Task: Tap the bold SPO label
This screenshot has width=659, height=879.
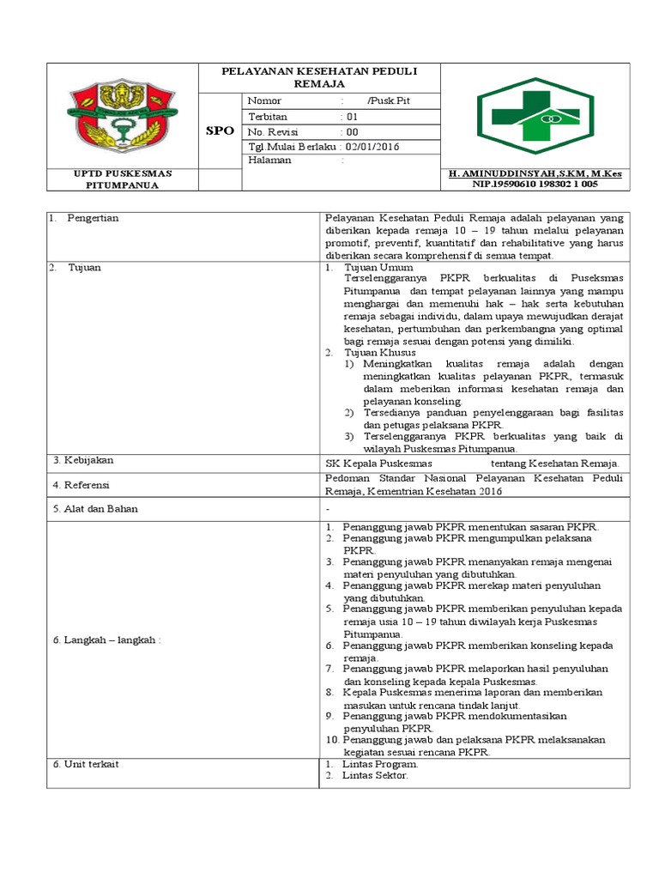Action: [x=220, y=130]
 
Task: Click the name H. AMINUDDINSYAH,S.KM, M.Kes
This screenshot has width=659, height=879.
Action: [x=535, y=173]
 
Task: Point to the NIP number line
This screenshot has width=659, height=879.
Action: [x=535, y=184]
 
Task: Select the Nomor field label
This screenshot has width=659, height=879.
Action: [x=265, y=100]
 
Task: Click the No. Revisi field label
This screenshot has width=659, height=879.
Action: [x=270, y=131]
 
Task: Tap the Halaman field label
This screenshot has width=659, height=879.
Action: [x=269, y=160]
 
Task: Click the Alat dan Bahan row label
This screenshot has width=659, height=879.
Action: [x=95, y=508]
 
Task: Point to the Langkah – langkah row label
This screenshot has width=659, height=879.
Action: [x=107, y=640]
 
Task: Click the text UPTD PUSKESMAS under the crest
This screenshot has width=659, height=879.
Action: [x=122, y=173]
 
